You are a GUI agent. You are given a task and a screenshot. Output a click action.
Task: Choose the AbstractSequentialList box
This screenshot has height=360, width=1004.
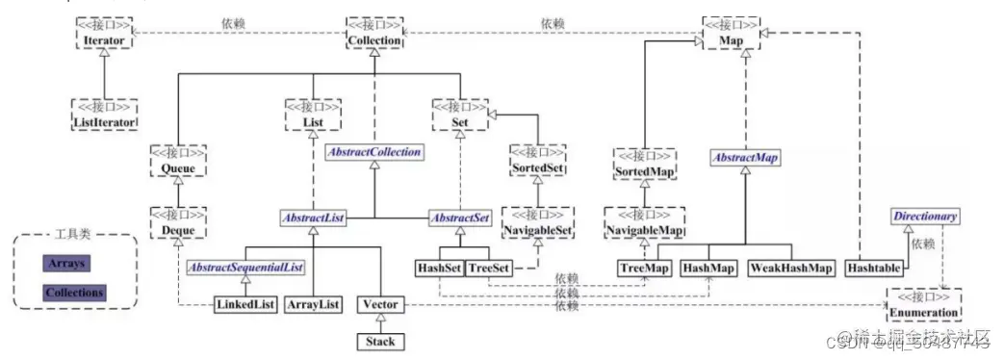coord(245,267)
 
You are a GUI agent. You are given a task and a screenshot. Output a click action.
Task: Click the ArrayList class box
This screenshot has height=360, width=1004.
coord(313,304)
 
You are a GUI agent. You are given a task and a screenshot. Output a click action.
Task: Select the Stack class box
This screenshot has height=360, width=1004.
coord(375,341)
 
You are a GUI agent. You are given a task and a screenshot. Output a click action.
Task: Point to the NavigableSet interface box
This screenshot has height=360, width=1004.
coord(537,223)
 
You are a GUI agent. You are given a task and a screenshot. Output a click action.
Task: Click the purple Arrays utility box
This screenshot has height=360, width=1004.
coord(66,262)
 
